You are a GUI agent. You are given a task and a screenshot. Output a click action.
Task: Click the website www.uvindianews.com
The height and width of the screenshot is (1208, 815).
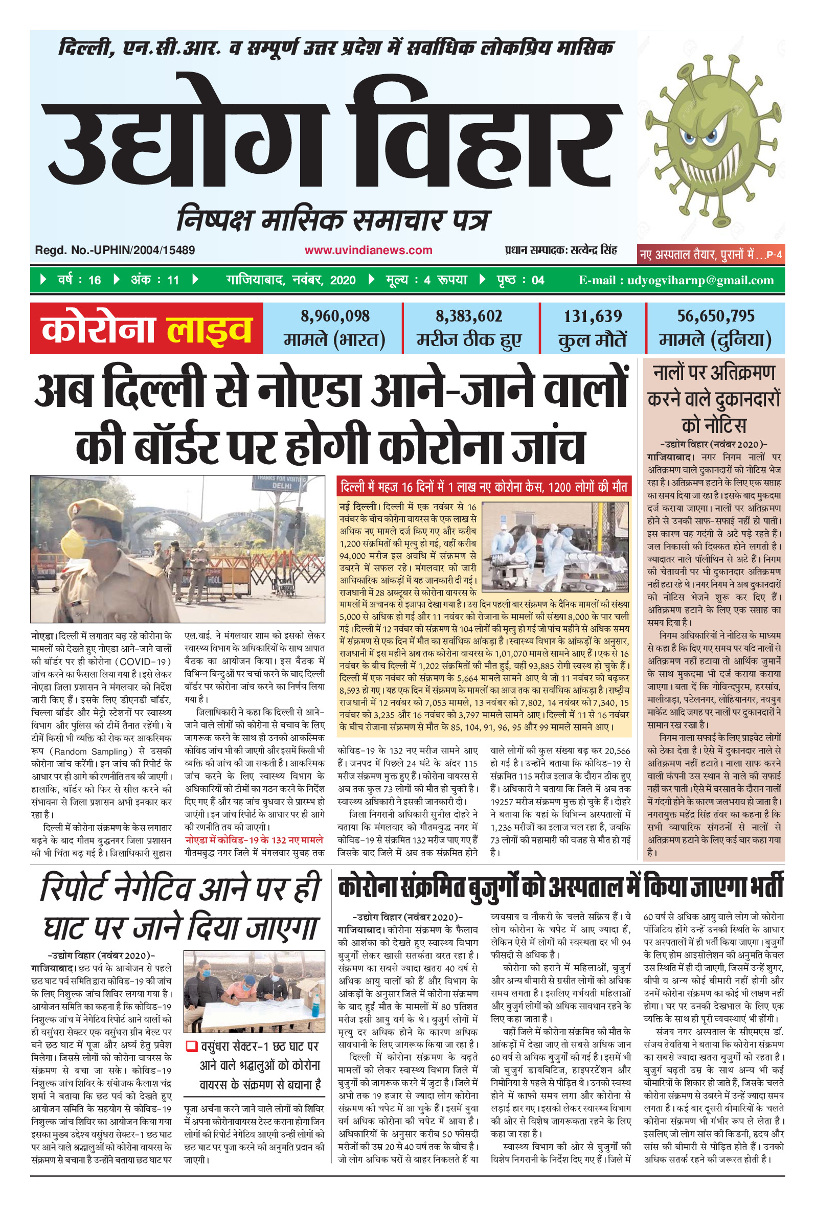368,250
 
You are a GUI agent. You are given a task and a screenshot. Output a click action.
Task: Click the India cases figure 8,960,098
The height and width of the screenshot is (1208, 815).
335,316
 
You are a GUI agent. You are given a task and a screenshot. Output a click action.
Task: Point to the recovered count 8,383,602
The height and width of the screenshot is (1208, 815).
469,316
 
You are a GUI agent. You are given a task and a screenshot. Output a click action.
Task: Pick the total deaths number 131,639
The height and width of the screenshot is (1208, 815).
593,316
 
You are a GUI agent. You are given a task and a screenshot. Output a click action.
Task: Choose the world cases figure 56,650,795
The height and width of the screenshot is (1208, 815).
715,316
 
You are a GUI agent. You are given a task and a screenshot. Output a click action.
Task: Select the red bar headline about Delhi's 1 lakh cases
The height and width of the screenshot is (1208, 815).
483,487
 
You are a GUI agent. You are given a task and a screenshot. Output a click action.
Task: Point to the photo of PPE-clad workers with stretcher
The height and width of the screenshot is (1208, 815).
555,546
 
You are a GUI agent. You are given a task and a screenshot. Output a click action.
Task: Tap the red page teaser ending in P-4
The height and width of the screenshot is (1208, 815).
711,255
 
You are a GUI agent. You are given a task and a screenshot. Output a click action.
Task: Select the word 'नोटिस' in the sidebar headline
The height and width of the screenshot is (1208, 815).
714,425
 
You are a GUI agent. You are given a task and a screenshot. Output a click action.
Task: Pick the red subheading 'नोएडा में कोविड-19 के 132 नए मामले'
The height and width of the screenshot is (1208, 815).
254,839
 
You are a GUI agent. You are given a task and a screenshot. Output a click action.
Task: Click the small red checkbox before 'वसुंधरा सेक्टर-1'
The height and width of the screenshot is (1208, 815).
191,1045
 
